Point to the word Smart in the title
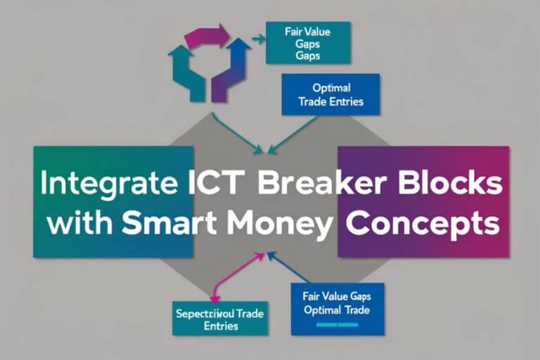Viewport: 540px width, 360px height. [x=166, y=225]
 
